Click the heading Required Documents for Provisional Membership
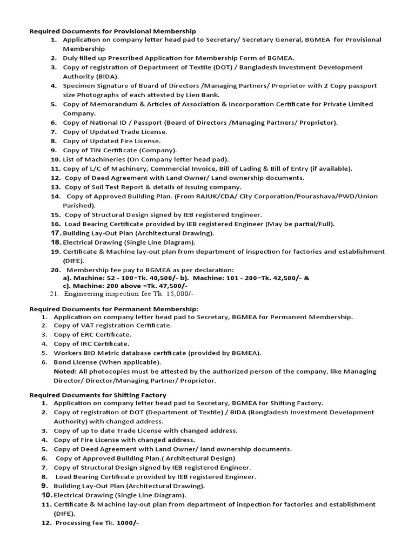pos(112,31)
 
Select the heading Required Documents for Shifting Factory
pos(97,395)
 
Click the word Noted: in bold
pos(65,372)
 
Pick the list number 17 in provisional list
pos(55,233)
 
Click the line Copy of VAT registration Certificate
pos(112,325)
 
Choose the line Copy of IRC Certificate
pos(91,344)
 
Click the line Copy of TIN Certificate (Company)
pos(119,150)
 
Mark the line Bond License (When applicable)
pos(107,362)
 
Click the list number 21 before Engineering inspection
pos(53,294)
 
